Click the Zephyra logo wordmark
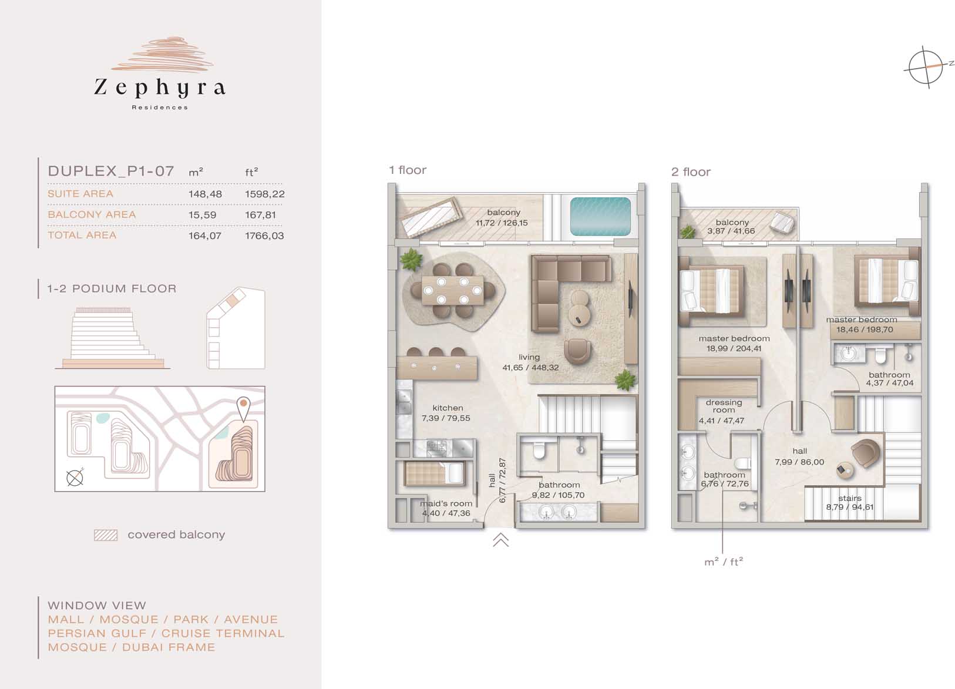(160, 88)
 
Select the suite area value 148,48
(205, 194)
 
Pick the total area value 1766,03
(264, 236)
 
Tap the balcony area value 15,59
(203, 215)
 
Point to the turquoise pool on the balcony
(600, 216)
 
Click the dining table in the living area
(453, 290)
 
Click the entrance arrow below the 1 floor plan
(501, 539)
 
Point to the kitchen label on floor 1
(447, 408)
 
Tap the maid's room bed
(434, 473)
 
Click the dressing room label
(724, 406)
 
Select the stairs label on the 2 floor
(850, 498)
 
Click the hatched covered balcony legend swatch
(106, 535)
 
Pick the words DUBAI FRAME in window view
(169, 647)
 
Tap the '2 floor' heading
(691, 172)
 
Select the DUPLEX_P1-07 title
(111, 172)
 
